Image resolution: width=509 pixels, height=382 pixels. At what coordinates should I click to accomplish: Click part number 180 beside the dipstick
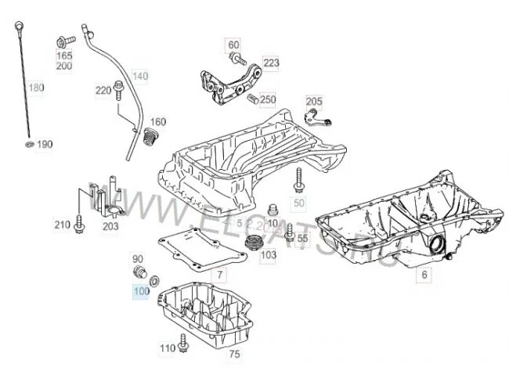point(36,88)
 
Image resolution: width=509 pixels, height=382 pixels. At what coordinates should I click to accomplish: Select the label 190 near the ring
point(44,145)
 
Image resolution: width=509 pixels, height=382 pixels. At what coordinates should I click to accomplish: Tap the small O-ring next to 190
point(29,145)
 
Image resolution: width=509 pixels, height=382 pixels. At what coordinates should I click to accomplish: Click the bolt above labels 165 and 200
point(63,40)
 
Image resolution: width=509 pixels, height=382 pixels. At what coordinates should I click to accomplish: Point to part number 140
point(139,76)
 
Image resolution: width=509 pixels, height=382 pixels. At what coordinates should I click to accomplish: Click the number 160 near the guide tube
point(158,121)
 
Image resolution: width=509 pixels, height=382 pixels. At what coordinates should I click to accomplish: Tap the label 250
point(268,100)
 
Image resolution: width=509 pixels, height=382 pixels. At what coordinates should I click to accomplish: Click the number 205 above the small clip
point(313,102)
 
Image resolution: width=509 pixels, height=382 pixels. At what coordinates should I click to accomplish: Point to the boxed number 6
point(424,275)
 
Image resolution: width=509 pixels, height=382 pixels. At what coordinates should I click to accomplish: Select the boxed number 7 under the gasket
point(220,275)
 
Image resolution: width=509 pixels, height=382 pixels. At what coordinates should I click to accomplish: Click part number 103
point(268,255)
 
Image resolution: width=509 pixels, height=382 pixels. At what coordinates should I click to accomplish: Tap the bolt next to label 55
point(290,232)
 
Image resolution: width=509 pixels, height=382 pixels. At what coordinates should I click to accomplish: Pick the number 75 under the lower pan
point(234,355)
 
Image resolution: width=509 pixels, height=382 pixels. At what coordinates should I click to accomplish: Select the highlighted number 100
point(141,292)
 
